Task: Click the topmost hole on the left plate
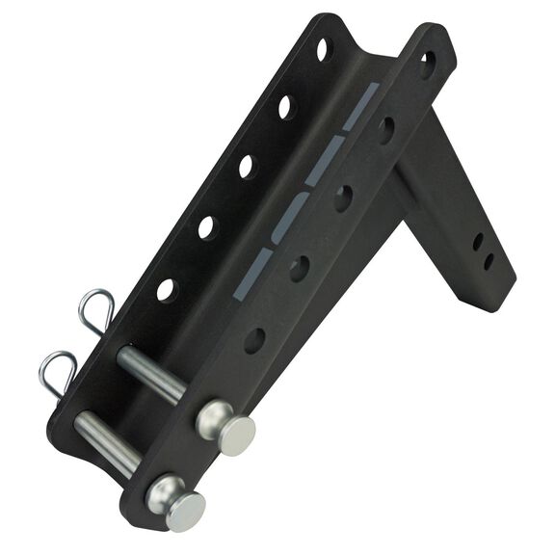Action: click(x=325, y=49)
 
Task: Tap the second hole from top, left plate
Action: click(x=285, y=106)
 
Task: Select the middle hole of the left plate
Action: click(x=247, y=166)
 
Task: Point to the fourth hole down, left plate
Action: click(x=207, y=227)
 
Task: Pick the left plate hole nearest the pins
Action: click(x=167, y=288)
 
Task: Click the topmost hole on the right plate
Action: click(x=427, y=64)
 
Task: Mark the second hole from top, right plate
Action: click(x=385, y=129)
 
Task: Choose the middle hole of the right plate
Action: click(x=343, y=198)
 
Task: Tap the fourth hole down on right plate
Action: click(x=300, y=267)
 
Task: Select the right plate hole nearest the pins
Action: click(x=254, y=338)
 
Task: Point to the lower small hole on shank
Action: click(x=489, y=261)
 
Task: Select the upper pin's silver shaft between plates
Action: click(x=151, y=373)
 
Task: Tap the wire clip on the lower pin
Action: click(x=58, y=371)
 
